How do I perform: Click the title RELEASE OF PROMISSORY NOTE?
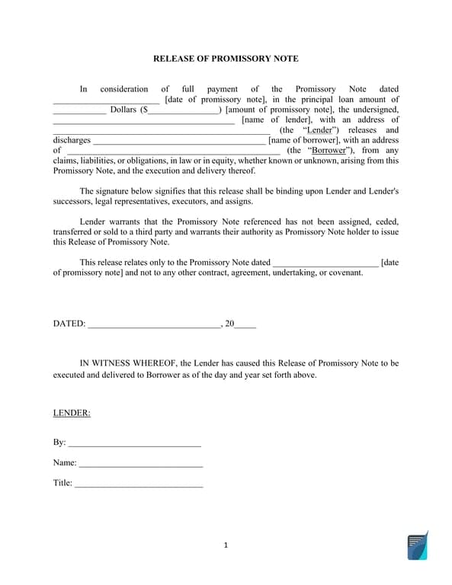coord(226,59)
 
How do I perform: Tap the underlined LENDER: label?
coord(72,413)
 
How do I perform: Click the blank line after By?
coord(134,443)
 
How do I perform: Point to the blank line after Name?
coord(140,463)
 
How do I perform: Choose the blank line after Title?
coord(139,483)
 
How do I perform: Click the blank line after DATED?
coord(154,324)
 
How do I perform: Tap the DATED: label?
coord(69,324)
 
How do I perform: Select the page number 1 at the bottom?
coord(226,545)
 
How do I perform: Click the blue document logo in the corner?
coord(417,545)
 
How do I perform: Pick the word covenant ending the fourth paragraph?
coord(344,273)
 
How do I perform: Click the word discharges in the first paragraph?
coord(72,140)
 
